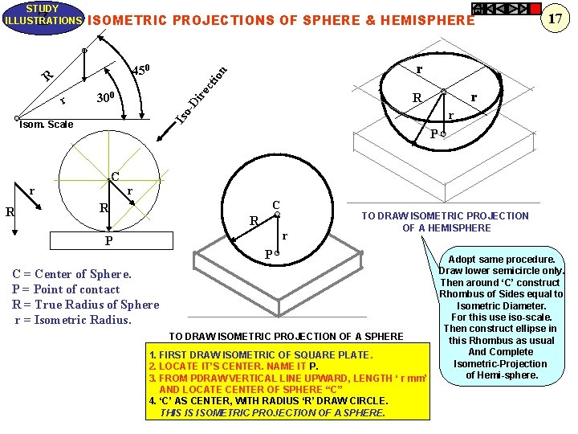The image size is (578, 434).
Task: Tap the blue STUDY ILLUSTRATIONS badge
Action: tap(42, 14)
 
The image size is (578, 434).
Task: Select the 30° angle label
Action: tap(107, 99)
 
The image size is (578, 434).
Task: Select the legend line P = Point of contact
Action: tap(66, 289)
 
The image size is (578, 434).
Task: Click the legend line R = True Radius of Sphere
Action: tap(85, 305)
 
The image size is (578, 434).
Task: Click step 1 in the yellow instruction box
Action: tap(261, 355)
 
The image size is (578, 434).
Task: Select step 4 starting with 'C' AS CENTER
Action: tap(268, 400)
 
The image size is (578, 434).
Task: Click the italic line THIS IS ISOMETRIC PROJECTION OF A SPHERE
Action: tap(272, 412)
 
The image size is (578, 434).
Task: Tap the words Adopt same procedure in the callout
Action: tap(501, 260)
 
